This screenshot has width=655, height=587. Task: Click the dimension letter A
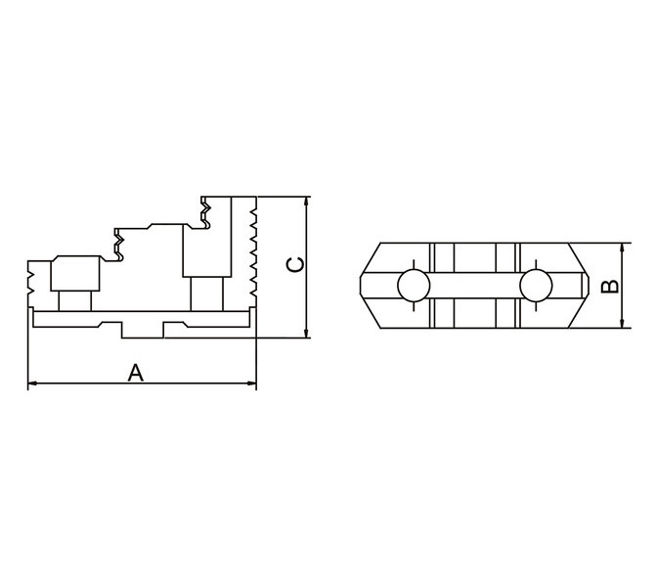135,373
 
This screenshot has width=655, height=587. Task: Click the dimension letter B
610,286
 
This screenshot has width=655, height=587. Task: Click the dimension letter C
295,265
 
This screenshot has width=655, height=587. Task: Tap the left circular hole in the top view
414,286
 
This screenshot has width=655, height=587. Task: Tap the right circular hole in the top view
536,286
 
